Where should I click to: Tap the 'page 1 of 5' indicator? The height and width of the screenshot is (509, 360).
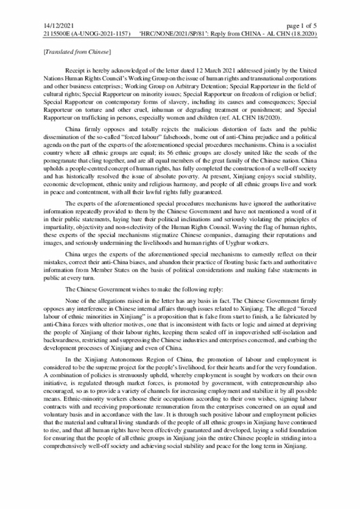click(302, 26)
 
